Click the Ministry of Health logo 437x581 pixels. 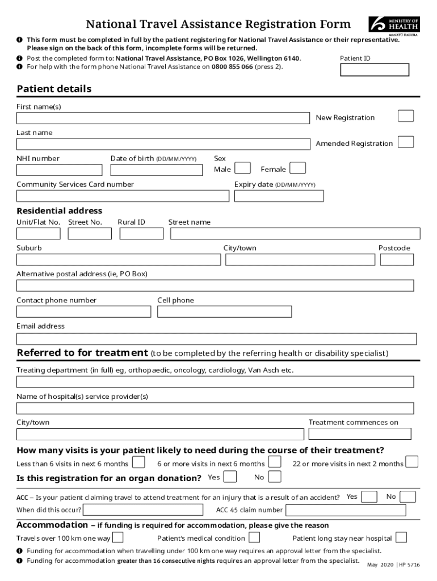(x=394, y=26)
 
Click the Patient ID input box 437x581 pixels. (x=374, y=70)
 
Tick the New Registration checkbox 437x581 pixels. (x=406, y=116)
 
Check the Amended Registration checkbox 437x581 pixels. (x=406, y=142)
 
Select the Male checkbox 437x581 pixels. (x=243, y=168)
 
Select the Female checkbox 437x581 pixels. (x=298, y=168)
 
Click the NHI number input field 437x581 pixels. (x=60, y=170)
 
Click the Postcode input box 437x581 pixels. (x=397, y=259)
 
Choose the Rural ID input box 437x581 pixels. (x=139, y=233)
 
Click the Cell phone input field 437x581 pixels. (x=225, y=311)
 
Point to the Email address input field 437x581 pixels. (x=216, y=339)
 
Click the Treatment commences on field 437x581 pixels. (x=360, y=434)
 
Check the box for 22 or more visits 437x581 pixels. (x=413, y=462)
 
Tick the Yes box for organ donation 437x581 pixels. (x=230, y=477)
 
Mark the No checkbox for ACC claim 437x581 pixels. (x=408, y=497)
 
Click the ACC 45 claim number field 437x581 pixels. (x=346, y=510)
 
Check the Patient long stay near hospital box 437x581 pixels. (x=401, y=537)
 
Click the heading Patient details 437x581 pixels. (x=54, y=89)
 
